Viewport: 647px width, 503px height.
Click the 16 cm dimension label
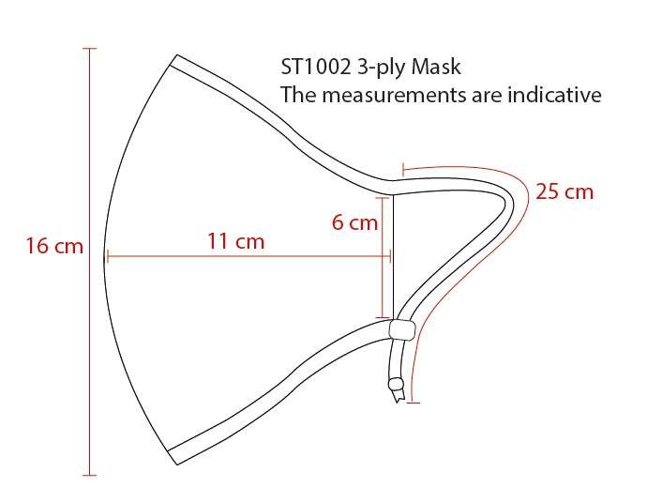click(x=54, y=246)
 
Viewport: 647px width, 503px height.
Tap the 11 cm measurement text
click(x=235, y=241)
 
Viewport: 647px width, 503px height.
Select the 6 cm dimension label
click(x=354, y=222)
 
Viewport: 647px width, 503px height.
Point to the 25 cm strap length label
click(x=564, y=191)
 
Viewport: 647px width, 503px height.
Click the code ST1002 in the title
click(x=316, y=67)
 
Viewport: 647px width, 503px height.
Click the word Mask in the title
click(x=436, y=67)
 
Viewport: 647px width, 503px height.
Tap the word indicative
click(x=554, y=95)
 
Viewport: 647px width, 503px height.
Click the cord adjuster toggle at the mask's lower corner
click(x=402, y=330)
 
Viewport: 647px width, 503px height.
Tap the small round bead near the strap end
click(x=396, y=384)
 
